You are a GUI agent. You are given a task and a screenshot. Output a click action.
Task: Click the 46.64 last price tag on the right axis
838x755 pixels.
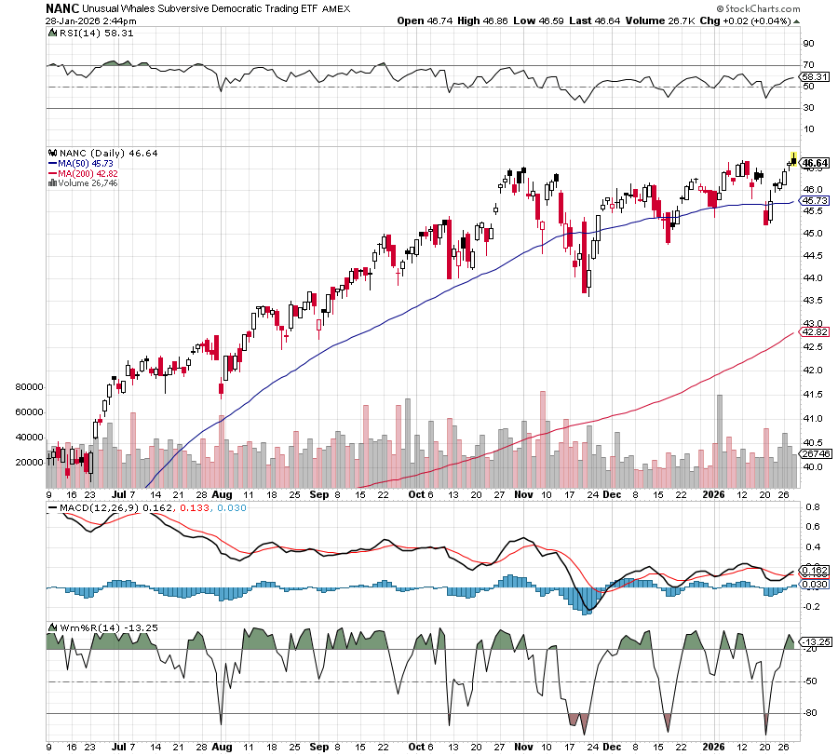point(815,164)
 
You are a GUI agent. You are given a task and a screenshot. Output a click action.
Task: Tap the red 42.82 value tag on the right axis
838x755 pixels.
point(815,331)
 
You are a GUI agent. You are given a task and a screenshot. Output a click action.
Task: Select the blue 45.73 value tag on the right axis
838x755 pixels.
point(815,200)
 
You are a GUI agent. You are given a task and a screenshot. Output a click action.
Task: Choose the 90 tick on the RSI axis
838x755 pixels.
point(808,43)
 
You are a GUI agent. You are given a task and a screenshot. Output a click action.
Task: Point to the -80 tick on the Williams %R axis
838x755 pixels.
point(810,714)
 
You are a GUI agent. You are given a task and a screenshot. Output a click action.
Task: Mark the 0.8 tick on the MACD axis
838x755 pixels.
point(810,507)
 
